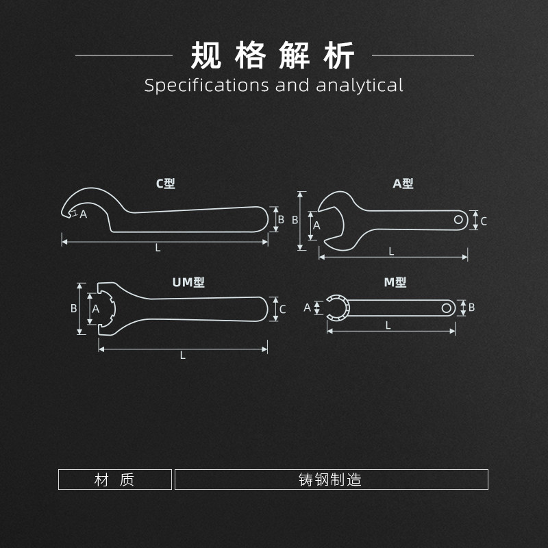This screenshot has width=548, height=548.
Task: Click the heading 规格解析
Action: pyautogui.click(x=273, y=55)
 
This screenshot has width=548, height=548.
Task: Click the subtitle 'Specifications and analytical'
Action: pyautogui.click(x=273, y=86)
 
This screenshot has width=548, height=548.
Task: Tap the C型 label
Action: pyautogui.click(x=166, y=184)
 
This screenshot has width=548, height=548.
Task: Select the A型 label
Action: pyautogui.click(x=403, y=184)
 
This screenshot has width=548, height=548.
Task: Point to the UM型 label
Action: pyautogui.click(x=188, y=282)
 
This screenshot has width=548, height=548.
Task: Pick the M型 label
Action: pyautogui.click(x=395, y=282)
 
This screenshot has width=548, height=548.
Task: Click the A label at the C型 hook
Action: pyautogui.click(x=84, y=214)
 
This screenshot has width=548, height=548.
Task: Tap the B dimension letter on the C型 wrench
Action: pyautogui.click(x=281, y=220)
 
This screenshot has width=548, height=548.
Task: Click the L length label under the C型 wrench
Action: pyautogui.click(x=158, y=248)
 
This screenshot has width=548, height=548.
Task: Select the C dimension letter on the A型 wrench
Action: pyautogui.click(x=484, y=221)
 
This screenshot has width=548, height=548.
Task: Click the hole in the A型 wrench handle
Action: pyautogui.click(x=459, y=219)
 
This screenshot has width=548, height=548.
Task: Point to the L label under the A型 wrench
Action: pyautogui.click(x=392, y=251)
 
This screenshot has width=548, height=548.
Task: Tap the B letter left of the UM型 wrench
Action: pyautogui.click(x=74, y=308)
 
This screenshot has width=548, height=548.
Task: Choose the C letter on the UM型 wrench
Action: pyautogui.click(x=282, y=309)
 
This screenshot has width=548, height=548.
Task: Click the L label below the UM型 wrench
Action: pyautogui.click(x=183, y=355)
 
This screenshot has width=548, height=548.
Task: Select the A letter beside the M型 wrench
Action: pyautogui.click(x=308, y=308)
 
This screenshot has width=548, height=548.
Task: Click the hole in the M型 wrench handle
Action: pyautogui.click(x=447, y=308)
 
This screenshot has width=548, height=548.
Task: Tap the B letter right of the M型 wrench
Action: pyautogui.click(x=471, y=308)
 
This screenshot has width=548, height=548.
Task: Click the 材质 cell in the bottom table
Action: pyautogui.click(x=114, y=480)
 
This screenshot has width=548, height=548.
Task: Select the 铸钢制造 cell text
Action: pyautogui.click(x=330, y=480)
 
